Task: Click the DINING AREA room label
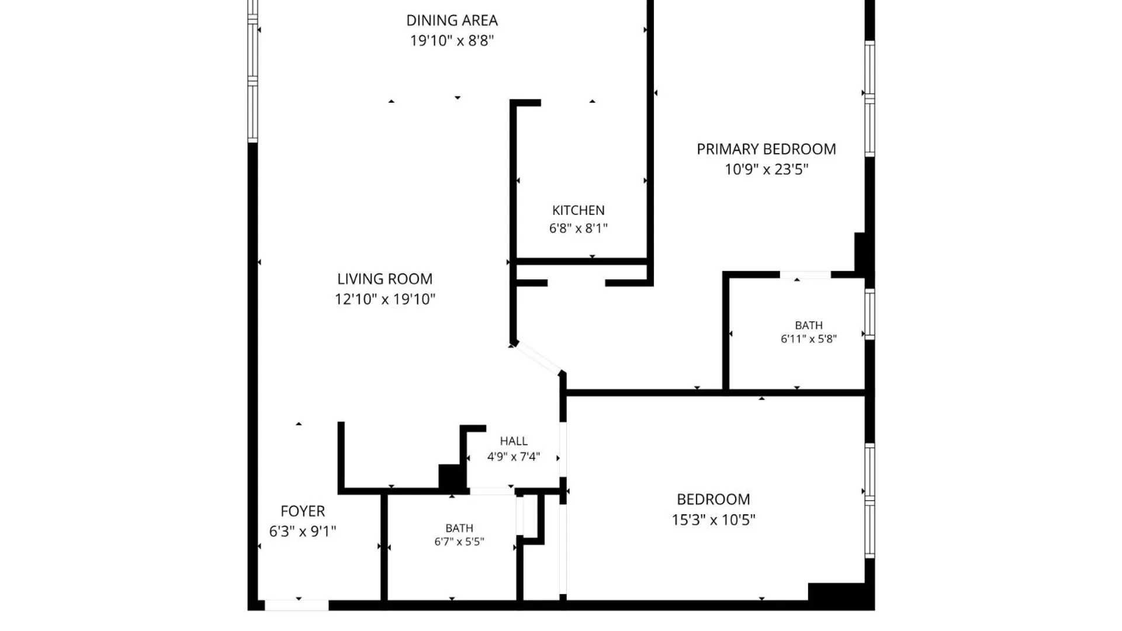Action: coord(452,20)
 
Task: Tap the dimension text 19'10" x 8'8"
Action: coord(452,40)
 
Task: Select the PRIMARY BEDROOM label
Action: coord(766,149)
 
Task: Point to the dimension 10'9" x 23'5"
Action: coord(766,169)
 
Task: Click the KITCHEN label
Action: coord(579,210)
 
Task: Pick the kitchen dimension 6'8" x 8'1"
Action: coord(579,228)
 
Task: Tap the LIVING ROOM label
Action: coord(385,279)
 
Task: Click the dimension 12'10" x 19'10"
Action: coord(385,299)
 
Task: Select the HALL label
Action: coord(514,441)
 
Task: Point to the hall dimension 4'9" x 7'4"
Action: coord(514,456)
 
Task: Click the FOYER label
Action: coord(303,511)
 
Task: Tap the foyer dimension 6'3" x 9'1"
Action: coord(303,531)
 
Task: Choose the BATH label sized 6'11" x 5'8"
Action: coord(809,325)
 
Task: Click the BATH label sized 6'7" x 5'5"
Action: coord(459,528)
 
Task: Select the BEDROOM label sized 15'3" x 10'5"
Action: coord(714,500)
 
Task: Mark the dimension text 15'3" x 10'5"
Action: coord(714,519)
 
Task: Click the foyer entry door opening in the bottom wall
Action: coord(297,606)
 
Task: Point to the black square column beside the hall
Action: coord(451,476)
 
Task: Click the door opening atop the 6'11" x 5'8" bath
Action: coord(805,275)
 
